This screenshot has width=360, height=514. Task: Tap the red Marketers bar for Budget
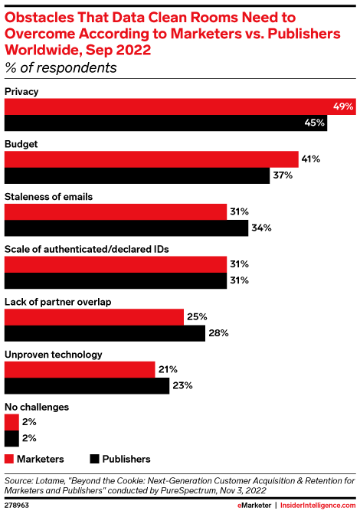(152, 159)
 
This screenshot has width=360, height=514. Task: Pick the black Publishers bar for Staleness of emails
(127, 228)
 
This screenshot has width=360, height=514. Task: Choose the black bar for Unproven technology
(87, 385)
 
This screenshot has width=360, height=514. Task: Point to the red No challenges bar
(11, 421)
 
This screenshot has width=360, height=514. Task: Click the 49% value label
(342, 106)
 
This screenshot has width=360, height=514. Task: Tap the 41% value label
(310, 159)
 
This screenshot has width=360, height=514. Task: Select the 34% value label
(260, 228)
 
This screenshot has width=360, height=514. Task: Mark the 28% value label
(218, 333)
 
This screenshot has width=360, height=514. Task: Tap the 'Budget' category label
(21, 142)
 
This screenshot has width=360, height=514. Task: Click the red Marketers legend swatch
(11, 458)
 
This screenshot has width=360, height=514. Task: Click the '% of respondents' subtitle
(61, 68)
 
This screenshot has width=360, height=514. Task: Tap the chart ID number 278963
(19, 505)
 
